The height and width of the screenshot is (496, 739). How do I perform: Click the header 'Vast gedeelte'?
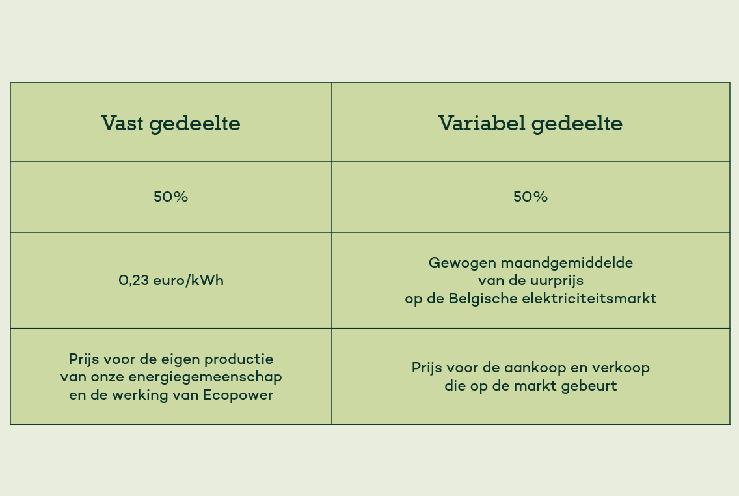[170, 124]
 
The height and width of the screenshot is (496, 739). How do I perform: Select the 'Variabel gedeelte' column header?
[530, 124]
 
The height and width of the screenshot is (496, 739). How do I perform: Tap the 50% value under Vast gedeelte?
[170, 197]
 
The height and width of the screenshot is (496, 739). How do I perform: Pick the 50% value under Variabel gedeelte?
[530, 197]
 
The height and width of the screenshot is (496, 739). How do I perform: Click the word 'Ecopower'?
[238, 395]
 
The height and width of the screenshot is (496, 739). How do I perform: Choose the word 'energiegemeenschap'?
[205, 377]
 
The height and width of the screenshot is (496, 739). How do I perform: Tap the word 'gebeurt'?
[589, 386]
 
